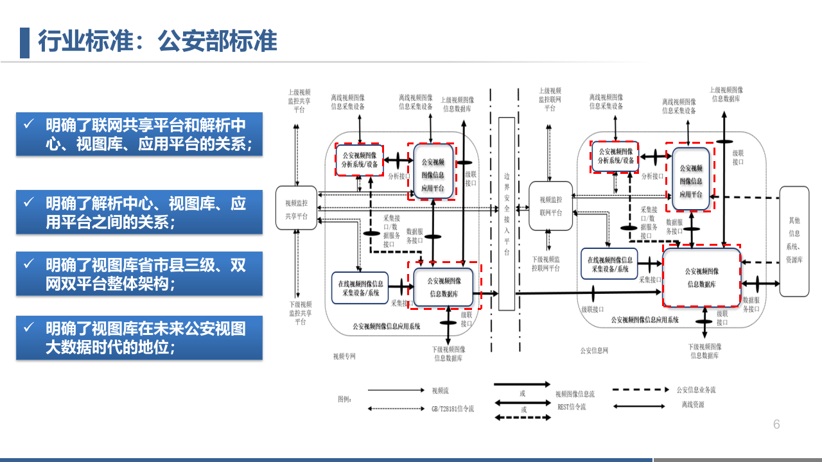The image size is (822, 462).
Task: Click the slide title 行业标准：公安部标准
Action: [x=157, y=42]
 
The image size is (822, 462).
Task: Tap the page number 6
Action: [x=776, y=425]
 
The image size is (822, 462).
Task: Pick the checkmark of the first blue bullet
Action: [x=29, y=124]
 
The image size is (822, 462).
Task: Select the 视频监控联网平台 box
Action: [x=550, y=205]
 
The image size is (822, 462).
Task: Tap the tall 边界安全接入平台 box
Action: [x=507, y=214]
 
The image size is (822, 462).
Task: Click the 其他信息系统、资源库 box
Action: [x=794, y=241]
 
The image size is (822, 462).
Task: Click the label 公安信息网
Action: [x=594, y=350]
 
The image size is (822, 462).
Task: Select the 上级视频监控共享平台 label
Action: [x=300, y=101]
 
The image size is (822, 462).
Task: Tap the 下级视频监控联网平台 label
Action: [x=547, y=264]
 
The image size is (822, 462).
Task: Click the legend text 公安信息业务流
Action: [x=696, y=389]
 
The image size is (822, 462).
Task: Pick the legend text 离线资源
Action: [x=692, y=405]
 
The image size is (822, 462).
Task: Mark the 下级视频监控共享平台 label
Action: [x=300, y=313]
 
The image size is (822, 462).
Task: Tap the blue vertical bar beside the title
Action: [x=24, y=42]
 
